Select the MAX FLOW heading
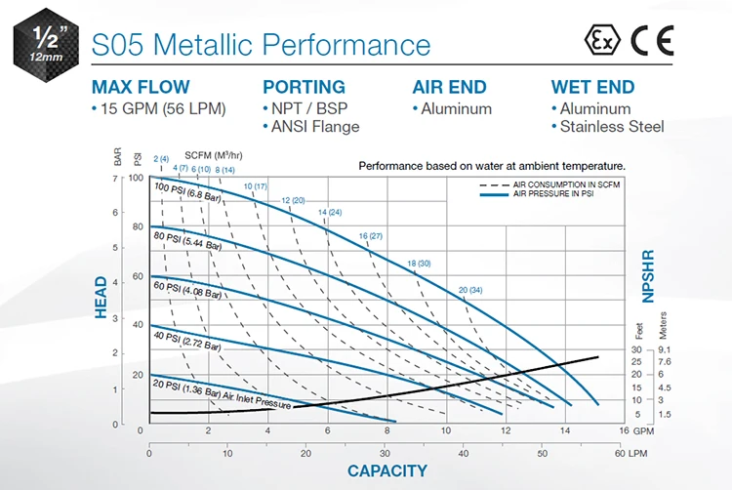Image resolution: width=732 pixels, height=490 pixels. point(141,87)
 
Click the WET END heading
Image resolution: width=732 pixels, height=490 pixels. point(592,87)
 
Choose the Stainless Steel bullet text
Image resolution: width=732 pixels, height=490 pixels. point(612,126)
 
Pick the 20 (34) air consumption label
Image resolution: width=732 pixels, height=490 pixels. point(469,290)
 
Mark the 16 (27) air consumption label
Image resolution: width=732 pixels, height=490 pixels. point(370,236)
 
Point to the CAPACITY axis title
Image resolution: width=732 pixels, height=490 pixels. point(387,470)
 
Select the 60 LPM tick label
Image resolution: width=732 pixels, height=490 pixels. point(630,453)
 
